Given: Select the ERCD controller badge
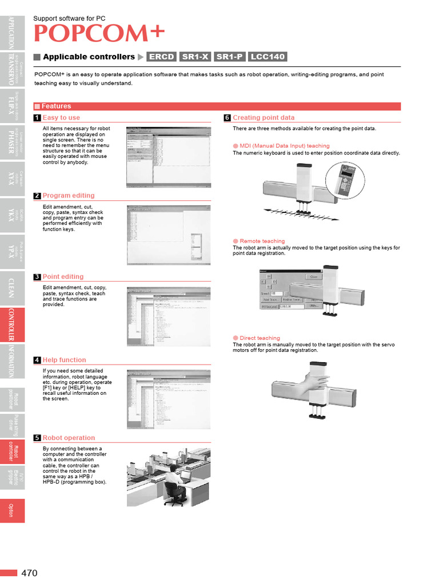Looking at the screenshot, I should [162, 57].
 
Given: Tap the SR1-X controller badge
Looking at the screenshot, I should [195, 57].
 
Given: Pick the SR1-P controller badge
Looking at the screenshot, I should [229, 57].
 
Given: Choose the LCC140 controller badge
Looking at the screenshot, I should [268, 57].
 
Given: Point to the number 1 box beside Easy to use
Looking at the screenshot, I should [37, 118].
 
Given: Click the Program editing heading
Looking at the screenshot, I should [69, 196].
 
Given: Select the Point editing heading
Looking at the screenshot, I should [63, 277].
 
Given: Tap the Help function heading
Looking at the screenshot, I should [64, 360].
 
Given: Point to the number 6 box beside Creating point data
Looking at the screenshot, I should [227, 118].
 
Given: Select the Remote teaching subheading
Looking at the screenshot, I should [262, 241].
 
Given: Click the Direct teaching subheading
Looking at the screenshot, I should [260, 338].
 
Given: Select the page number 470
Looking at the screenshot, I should [30, 573].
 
